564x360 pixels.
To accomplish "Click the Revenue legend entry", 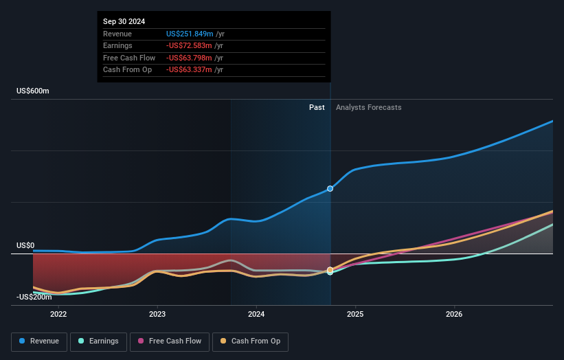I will (38, 341).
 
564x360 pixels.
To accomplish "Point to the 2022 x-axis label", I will (58, 315).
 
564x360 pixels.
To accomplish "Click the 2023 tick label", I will (157, 315).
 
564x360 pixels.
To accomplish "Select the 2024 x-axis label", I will (256, 315).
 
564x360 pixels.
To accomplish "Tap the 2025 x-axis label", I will (355, 315).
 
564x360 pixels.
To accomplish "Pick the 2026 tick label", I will (454, 315).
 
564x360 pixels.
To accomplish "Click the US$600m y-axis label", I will (33, 91).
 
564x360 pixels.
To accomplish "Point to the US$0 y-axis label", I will (26, 245).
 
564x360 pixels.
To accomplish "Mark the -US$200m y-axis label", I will (34, 297).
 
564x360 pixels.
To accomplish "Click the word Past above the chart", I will (317, 107).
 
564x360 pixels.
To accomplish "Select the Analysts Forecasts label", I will (368, 107).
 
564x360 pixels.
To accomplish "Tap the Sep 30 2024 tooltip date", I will (124, 22).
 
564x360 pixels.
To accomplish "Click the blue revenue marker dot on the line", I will (330, 188).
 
